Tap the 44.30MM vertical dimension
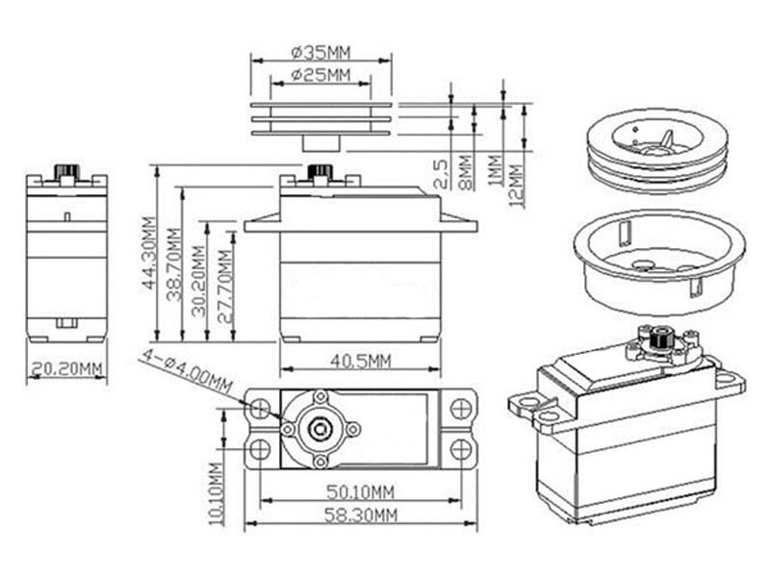click(x=150, y=253)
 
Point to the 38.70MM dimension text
click(x=173, y=263)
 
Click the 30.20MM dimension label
click(x=197, y=279)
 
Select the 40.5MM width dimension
click(x=360, y=362)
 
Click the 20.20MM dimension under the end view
click(x=66, y=368)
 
